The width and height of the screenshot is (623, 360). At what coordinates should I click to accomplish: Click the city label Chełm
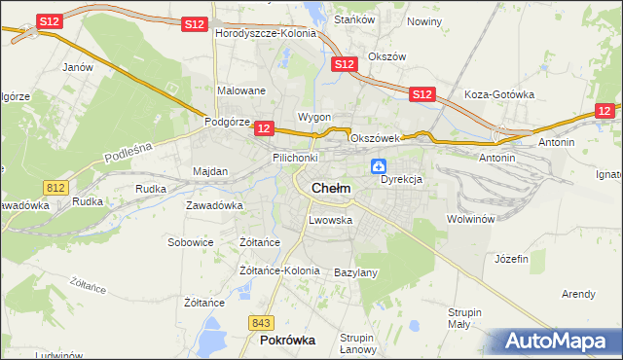tap(331, 188)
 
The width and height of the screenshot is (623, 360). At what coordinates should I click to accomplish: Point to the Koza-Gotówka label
tap(500, 94)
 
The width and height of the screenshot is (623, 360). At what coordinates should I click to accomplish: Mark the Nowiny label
tap(424, 20)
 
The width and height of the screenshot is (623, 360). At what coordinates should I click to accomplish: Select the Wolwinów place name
tap(471, 219)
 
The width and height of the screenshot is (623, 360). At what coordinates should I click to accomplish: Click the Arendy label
tap(578, 293)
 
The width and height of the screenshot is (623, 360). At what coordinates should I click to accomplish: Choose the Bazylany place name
tap(355, 272)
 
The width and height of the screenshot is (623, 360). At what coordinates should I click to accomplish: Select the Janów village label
tap(77, 67)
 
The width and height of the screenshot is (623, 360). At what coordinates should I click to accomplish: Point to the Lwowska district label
tap(330, 220)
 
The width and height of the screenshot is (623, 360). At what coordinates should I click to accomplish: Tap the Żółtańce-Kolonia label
tap(279, 270)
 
